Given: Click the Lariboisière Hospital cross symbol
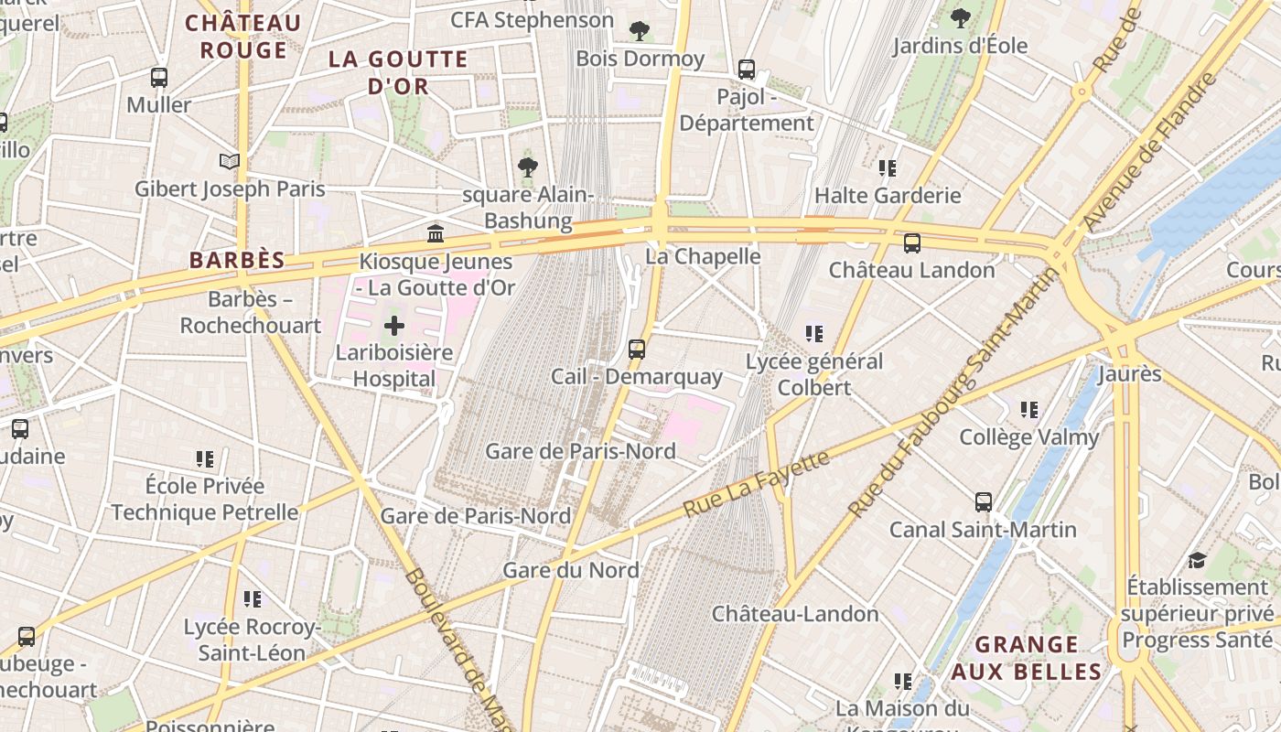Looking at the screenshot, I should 394,325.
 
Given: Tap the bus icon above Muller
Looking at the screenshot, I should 159,78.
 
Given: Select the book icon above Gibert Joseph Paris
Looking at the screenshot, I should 230,162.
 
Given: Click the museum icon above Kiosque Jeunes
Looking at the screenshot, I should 436,234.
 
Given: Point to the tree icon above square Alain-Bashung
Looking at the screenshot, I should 527,167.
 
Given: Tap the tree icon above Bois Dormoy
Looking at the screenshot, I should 640,31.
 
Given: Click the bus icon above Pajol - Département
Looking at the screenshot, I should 747,70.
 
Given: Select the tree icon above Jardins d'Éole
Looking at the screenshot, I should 961,17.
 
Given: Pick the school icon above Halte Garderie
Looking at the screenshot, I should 887,168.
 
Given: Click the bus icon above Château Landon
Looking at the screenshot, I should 911,243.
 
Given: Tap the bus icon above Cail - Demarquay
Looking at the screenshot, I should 637,349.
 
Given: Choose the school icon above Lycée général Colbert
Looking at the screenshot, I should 813,334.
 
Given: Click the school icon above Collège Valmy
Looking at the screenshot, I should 1029,410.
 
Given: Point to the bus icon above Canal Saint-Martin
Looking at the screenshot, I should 984,502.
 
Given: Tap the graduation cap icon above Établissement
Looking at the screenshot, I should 1197,560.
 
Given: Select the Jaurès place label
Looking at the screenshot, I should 1129,373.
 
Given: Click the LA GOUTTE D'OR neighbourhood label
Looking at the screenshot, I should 398,72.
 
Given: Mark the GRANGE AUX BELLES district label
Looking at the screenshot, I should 1027,658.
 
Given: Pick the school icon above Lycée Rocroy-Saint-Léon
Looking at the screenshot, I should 253,599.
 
